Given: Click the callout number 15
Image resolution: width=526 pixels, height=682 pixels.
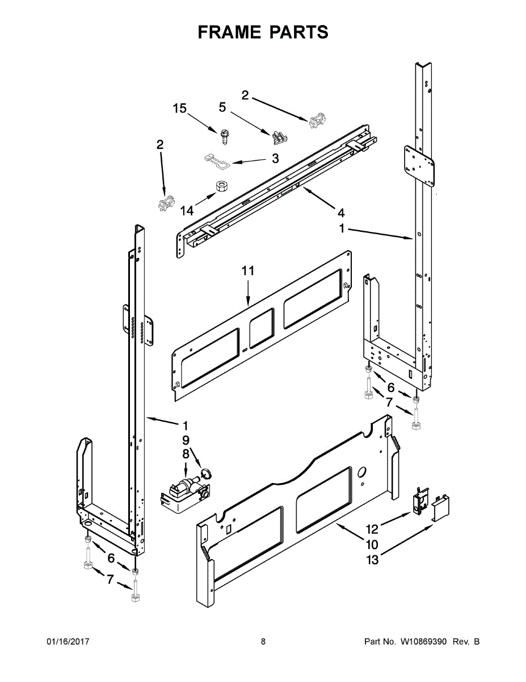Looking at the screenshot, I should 179,109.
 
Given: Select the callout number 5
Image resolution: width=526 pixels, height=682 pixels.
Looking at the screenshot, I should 222,106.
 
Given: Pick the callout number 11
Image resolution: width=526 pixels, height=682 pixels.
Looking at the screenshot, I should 248,271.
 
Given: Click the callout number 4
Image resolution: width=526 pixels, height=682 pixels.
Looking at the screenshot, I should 340,213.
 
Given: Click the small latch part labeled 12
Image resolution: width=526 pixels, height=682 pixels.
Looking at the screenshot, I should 420,501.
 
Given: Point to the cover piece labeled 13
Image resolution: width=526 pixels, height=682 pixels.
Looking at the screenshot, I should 441,507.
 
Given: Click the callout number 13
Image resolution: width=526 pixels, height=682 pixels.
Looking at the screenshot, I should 372,560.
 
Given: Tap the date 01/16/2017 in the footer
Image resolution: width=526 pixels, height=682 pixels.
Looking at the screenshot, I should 68,642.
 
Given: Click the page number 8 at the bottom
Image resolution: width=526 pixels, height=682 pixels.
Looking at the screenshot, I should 263,642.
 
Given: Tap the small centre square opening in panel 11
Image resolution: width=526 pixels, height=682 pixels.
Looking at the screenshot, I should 262,328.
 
